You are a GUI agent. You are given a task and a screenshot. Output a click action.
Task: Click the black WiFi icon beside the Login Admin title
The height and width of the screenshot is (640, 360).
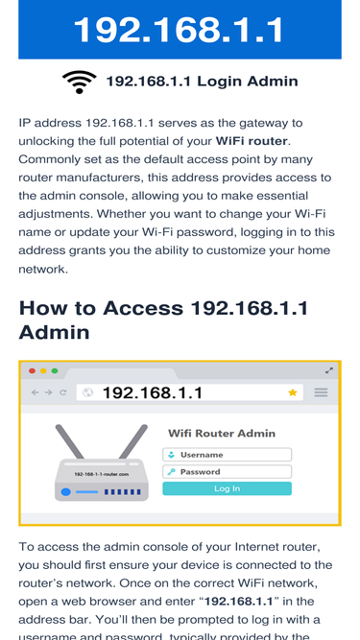pyautogui.click(x=79, y=83)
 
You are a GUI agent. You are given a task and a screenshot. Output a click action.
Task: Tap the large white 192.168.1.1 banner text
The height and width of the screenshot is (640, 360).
pyautogui.click(x=179, y=30)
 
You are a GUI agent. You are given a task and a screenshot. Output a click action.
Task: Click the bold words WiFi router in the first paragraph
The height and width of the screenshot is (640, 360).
pyautogui.click(x=252, y=141)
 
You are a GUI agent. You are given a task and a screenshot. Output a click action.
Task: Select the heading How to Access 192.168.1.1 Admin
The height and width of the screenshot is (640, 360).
pyautogui.click(x=163, y=320)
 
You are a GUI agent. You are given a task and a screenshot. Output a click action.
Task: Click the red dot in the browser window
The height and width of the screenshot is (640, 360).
pyautogui.click(x=32, y=371)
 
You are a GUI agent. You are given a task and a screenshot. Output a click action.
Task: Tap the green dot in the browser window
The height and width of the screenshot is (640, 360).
pyautogui.click(x=55, y=371)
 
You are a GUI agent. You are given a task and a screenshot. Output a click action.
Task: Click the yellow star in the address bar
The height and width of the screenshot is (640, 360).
pyautogui.click(x=293, y=392)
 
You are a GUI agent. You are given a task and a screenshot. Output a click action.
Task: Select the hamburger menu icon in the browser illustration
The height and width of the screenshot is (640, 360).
pyautogui.click(x=321, y=392)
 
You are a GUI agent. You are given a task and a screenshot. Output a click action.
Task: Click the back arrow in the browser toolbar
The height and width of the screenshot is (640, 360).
pyautogui.click(x=36, y=392)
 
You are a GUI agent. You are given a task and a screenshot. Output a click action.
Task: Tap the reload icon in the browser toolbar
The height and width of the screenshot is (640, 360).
pyautogui.click(x=62, y=392)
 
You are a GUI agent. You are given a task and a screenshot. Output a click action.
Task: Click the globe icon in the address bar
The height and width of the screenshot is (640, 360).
pyautogui.click(x=87, y=392)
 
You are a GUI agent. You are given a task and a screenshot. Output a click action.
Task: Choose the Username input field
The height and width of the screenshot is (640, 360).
pyautogui.click(x=227, y=455)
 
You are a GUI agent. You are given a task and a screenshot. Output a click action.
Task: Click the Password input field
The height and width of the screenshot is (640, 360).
pyautogui.click(x=227, y=472)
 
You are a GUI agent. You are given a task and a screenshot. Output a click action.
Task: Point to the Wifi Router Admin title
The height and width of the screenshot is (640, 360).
pyautogui.click(x=222, y=433)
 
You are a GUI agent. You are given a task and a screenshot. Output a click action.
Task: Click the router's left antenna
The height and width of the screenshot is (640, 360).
pyautogui.click(x=69, y=441)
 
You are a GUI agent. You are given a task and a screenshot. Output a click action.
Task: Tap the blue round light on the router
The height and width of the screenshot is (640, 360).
pyautogui.click(x=65, y=492)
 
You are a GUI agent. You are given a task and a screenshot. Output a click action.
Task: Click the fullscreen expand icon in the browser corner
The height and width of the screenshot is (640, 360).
pyautogui.click(x=329, y=370)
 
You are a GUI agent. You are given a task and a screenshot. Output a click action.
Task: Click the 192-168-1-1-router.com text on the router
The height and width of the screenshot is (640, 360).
pyautogui.click(x=102, y=474)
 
